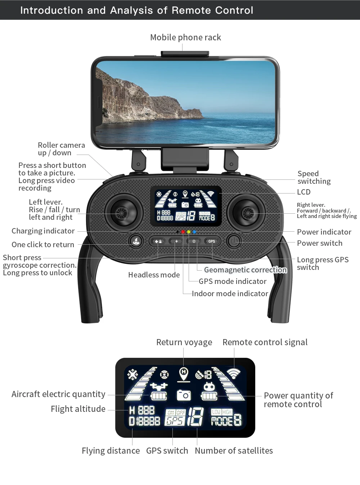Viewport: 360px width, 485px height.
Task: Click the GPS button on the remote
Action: pos(211,241)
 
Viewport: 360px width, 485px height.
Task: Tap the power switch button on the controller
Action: pos(234,241)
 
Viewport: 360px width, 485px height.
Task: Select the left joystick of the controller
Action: pos(121,213)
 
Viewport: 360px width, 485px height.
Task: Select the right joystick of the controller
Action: pos(248,213)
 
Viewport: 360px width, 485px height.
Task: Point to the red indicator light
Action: pos(183,232)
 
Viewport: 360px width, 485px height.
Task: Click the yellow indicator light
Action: pos(189,232)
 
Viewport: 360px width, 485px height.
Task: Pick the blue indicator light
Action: pos(194,232)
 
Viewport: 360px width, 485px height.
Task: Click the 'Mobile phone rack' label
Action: pos(185,37)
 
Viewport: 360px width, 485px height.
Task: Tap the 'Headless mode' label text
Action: pos(154,275)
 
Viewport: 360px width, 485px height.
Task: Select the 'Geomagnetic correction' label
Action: pos(245,270)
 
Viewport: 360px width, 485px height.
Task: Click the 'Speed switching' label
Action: pos(314,177)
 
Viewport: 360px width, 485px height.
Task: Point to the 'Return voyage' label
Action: pos(184,342)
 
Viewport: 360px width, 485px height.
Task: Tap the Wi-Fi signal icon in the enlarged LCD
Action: pos(234,373)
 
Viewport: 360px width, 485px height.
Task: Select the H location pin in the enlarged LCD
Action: pos(184,374)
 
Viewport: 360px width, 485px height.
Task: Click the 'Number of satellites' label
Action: pos(234,451)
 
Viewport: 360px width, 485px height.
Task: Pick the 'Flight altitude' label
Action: pos(78,409)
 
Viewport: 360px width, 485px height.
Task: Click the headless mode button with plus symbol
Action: pos(176,241)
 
